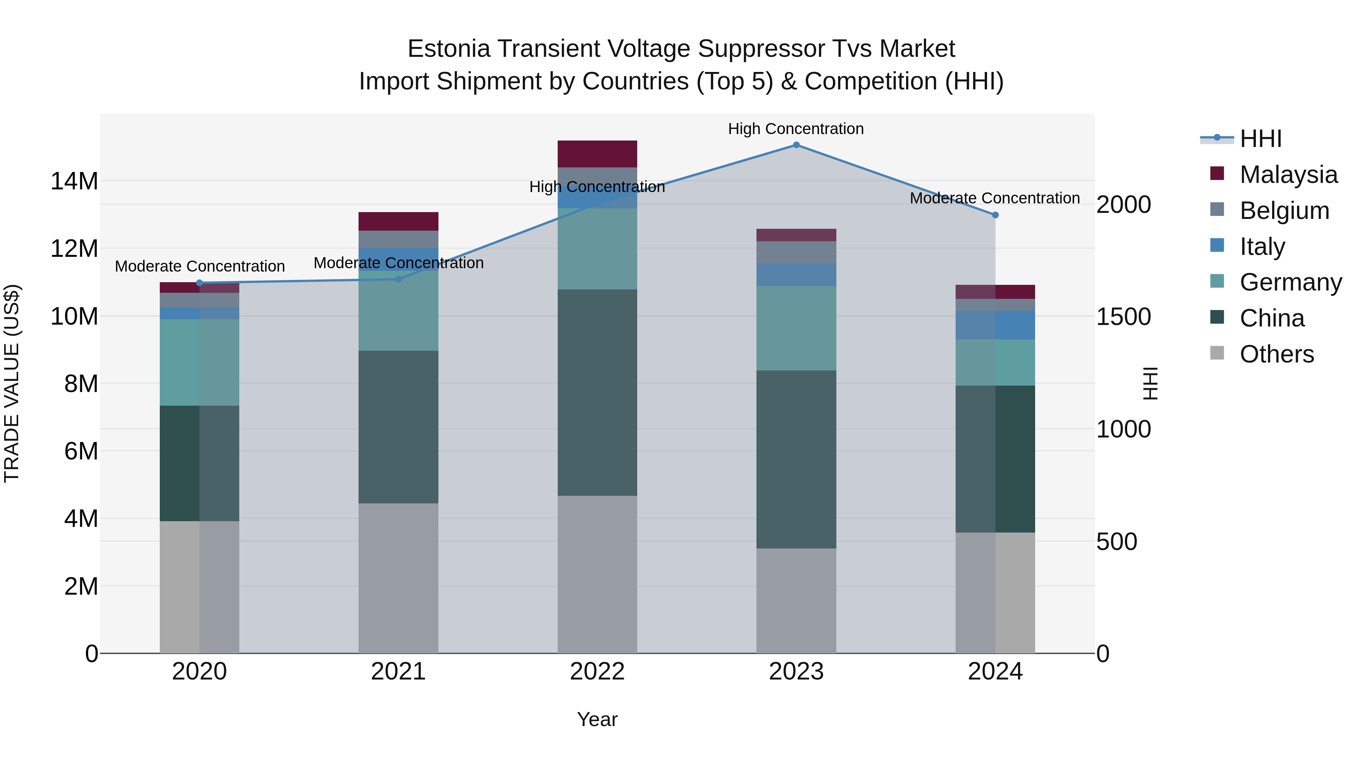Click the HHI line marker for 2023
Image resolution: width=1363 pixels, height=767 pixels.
pyautogui.click(x=796, y=145)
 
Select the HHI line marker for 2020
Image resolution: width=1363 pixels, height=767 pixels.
pyautogui.click(x=200, y=283)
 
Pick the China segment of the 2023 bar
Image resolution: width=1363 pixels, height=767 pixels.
pyautogui.click(x=796, y=459)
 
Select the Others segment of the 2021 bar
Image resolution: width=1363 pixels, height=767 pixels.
pyautogui.click(x=398, y=578)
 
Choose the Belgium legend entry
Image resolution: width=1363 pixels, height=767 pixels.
pyautogui.click(x=1284, y=211)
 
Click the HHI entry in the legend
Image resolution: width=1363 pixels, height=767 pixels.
pyautogui.click(x=1260, y=139)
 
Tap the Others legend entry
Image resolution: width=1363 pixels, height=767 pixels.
pyautogui.click(x=1276, y=354)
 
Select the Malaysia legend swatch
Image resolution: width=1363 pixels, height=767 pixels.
pyautogui.click(x=1217, y=173)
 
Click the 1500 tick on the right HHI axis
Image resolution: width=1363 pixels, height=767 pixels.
pyautogui.click(x=1123, y=317)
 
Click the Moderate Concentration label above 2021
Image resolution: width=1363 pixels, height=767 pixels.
pyautogui.click(x=398, y=263)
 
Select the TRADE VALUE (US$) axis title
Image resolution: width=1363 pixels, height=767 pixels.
pyautogui.click(x=12, y=383)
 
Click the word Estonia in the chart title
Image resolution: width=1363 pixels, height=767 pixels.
pyautogui.click(x=449, y=49)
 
